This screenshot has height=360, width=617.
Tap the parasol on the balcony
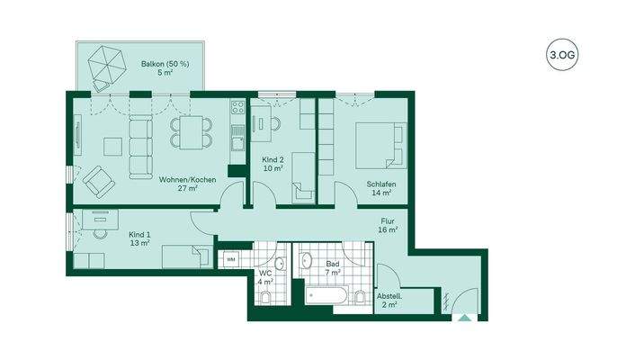click(x=108, y=66)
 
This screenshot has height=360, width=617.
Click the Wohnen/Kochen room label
click(x=187, y=184)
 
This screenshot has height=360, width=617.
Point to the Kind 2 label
click(x=273, y=163)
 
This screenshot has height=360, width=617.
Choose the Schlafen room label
click(x=381, y=188)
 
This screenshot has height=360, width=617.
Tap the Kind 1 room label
click(x=139, y=237)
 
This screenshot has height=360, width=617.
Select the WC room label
click(x=265, y=278)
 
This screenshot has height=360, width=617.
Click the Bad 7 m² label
click(x=333, y=267)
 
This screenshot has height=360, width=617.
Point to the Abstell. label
click(x=389, y=301)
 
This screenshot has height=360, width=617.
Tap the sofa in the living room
click(x=140, y=145)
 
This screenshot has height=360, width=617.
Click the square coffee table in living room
click(x=112, y=144)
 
